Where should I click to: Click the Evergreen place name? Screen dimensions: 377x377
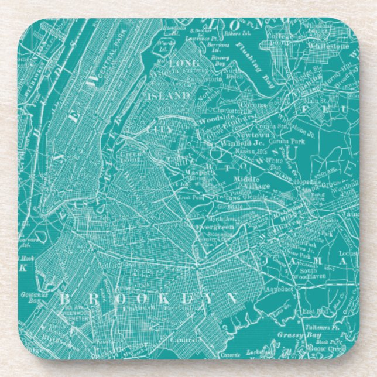(x=215, y=225)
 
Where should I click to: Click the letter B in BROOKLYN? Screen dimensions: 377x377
(x=64, y=299)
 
